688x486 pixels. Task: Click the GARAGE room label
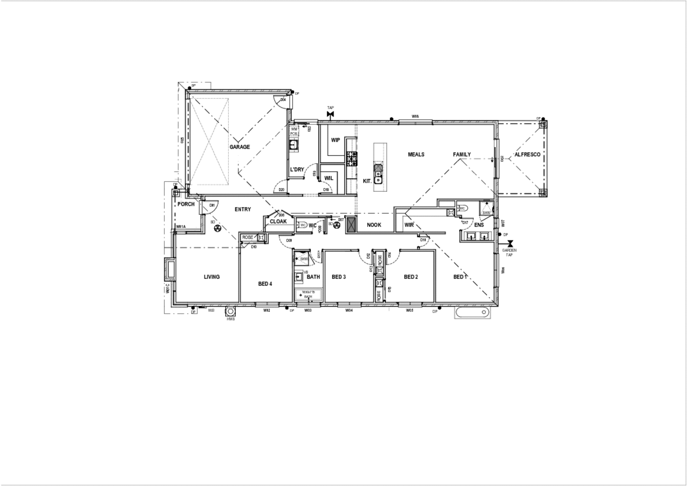click(239, 147)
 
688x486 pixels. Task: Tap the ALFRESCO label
click(527, 155)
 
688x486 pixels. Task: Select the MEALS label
click(416, 155)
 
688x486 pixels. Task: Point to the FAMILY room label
click(462, 155)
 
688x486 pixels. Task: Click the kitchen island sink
click(378, 172)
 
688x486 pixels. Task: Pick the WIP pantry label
click(335, 140)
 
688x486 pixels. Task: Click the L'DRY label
click(297, 170)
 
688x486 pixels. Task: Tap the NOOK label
click(374, 225)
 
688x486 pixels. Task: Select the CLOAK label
click(278, 221)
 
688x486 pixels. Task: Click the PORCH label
click(186, 204)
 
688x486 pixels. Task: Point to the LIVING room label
click(211, 277)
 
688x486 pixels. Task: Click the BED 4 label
click(265, 284)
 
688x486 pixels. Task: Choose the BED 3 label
click(338, 277)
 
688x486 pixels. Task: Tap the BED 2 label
click(411, 277)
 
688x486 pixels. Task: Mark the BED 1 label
click(460, 277)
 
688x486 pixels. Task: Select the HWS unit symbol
click(230, 312)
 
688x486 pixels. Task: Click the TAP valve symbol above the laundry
click(330, 113)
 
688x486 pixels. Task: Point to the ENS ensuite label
click(479, 225)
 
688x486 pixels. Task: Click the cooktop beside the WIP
click(352, 159)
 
